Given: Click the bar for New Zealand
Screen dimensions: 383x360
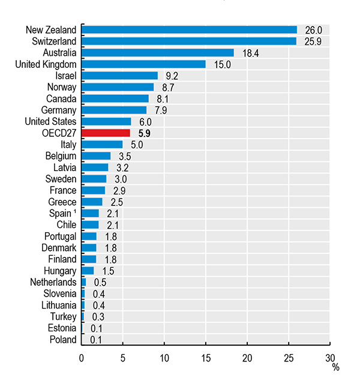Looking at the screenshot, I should [x=189, y=29].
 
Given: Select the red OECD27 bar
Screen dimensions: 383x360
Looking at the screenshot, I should [x=106, y=133].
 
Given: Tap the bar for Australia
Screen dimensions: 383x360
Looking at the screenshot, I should [x=157, y=53].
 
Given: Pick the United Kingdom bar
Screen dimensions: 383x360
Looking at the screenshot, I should [x=143, y=64].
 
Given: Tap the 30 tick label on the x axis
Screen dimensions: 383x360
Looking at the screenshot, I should [x=330, y=358].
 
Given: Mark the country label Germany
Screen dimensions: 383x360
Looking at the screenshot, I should [x=59, y=110].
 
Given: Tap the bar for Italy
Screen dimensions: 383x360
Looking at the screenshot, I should [x=102, y=145].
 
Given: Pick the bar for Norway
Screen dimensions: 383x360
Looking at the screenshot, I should [x=118, y=87].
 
